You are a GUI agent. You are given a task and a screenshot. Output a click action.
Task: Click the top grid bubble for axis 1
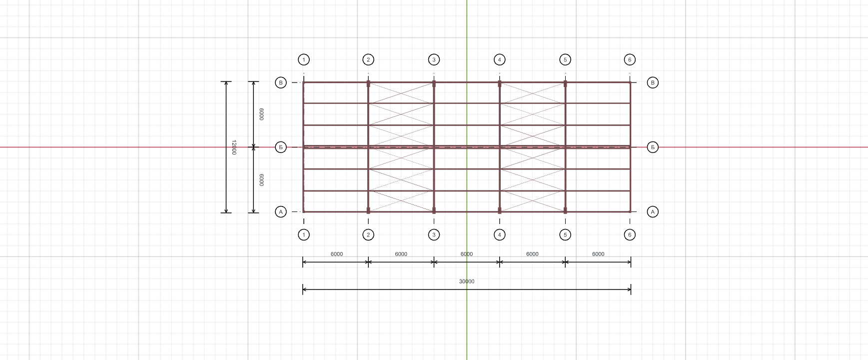303,60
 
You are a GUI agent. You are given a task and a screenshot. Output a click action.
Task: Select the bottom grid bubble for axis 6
630,234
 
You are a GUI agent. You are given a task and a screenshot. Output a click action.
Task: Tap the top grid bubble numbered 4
499,60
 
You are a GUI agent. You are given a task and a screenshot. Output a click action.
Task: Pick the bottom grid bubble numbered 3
434,234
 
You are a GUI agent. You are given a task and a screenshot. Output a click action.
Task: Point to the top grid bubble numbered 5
565,60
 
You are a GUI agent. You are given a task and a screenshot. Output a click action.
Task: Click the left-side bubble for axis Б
281,147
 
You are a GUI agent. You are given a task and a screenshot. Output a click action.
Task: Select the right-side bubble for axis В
653,82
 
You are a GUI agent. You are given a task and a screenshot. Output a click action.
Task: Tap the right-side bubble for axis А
653,212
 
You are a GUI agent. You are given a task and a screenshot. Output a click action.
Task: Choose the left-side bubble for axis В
281,82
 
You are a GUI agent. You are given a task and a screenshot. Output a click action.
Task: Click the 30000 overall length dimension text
467,281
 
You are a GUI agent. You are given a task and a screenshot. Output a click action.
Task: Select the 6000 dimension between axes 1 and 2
337,254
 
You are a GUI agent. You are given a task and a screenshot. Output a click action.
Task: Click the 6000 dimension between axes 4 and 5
532,254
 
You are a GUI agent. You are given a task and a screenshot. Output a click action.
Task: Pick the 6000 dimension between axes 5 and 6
598,254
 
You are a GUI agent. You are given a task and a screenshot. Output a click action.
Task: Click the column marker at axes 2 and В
368,84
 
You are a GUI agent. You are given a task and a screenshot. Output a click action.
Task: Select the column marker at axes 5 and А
565,210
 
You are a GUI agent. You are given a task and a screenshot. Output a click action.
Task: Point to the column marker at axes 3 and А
434,210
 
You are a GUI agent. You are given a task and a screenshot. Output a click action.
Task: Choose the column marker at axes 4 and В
499,84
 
